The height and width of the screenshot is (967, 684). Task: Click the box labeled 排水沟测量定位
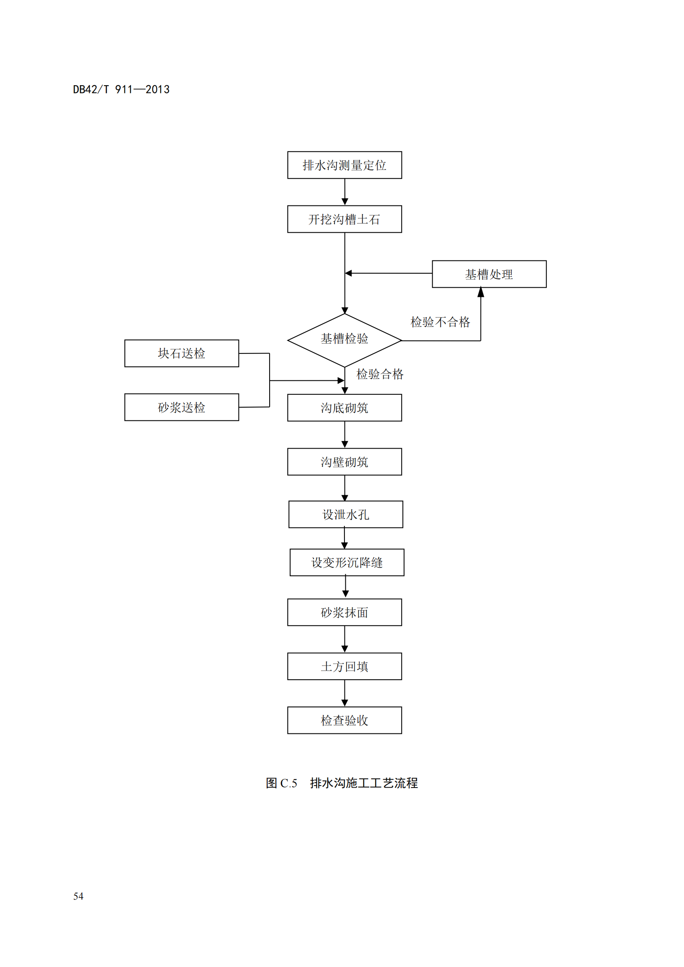pos(344,165)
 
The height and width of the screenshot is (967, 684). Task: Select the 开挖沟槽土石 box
pos(344,219)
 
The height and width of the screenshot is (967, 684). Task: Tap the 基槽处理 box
pos(489,274)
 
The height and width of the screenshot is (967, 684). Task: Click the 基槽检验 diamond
pos(344,339)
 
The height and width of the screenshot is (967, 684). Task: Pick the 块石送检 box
pos(182,353)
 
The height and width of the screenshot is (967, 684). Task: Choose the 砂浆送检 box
pos(182,407)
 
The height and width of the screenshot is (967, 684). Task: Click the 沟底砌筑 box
pos(344,408)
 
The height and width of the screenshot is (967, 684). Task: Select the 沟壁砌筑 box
pos(344,462)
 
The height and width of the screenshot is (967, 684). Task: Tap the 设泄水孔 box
pos(346,514)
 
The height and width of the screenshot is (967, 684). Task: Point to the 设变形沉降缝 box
pos(347,562)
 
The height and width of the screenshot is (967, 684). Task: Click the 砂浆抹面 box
pos(344,612)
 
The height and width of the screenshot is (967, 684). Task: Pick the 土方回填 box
pos(344,666)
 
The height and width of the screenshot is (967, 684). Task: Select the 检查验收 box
pos(344,720)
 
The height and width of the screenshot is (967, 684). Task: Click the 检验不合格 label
pos(440,322)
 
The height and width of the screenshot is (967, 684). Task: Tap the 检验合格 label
pos(380,374)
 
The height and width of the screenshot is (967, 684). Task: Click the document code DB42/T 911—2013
pos(121,89)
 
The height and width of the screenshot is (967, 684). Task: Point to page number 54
pos(78,896)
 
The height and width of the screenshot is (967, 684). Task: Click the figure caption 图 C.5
pos(281,783)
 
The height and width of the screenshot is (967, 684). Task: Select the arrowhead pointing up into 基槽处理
pos(481,292)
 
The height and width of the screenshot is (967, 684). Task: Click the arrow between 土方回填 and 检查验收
pos(344,693)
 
